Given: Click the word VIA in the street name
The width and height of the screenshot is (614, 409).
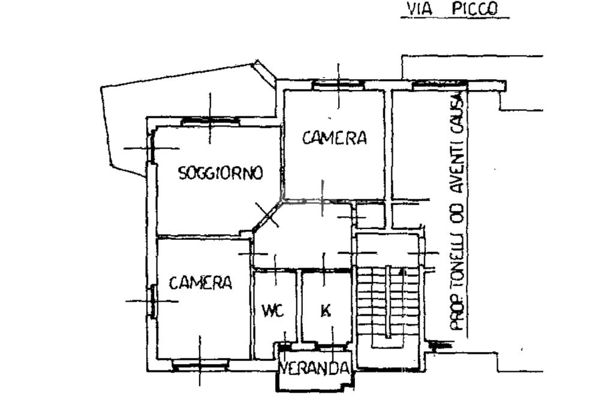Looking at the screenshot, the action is pos(420,10).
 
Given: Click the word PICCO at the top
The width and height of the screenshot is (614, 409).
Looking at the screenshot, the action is pos(475,10).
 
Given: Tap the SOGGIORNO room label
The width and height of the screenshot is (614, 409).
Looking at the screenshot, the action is pos(221,173).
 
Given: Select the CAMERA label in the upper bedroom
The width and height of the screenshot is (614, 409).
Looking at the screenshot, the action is pos(334,139).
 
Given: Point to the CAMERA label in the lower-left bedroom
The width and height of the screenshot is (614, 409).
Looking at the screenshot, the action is pos(200,282).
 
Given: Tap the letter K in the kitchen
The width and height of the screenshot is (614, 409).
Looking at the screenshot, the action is pos(326,311).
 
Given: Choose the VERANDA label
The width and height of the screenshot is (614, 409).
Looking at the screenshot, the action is pos(315,368).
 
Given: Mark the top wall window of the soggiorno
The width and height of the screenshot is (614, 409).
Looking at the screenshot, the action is pos(210,122).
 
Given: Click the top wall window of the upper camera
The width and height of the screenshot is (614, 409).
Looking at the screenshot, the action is pos(338,85).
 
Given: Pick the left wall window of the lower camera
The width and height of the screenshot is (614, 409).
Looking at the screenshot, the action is pos(153,301).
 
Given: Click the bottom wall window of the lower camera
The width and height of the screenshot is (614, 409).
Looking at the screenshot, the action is pos(200,362).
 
